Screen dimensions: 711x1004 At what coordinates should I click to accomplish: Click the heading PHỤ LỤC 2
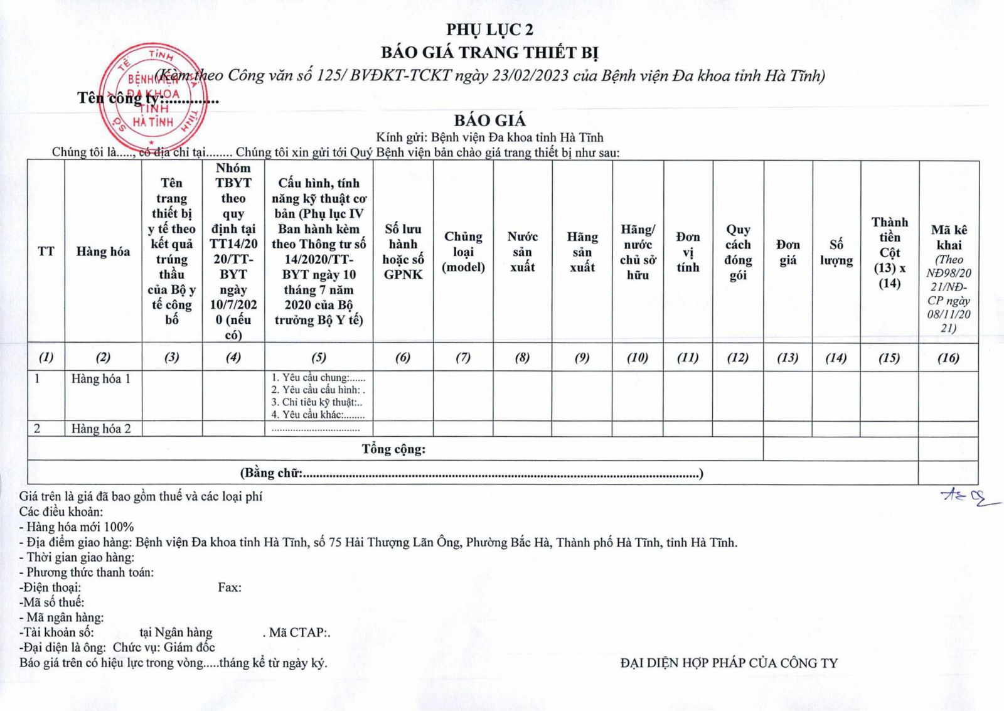(x=489, y=29)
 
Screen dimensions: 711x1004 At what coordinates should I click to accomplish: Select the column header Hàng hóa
(x=103, y=252)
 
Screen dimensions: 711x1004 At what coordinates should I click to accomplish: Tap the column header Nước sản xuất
(x=522, y=252)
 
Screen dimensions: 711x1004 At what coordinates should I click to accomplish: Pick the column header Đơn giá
(x=788, y=252)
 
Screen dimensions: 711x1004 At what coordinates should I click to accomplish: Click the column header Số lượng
(x=836, y=252)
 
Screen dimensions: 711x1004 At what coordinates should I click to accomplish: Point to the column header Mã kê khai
(x=949, y=237)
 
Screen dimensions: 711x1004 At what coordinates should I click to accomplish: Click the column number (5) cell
(x=319, y=357)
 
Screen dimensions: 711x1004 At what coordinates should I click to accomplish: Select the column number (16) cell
(x=948, y=357)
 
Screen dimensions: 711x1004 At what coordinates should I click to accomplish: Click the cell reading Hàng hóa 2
(x=101, y=429)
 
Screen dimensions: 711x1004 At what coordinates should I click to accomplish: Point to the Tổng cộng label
(x=393, y=449)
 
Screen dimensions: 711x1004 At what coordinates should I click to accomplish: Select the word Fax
(x=229, y=587)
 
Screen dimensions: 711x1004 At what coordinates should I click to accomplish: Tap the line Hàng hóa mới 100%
(x=77, y=527)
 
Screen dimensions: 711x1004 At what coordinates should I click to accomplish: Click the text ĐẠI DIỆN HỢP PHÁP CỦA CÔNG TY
(x=729, y=663)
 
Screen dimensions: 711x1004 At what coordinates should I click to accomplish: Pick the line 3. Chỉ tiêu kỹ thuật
(x=317, y=402)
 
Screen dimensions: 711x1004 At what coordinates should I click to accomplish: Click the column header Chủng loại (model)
(x=463, y=252)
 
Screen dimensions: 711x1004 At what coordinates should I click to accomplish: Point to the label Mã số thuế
(x=52, y=602)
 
